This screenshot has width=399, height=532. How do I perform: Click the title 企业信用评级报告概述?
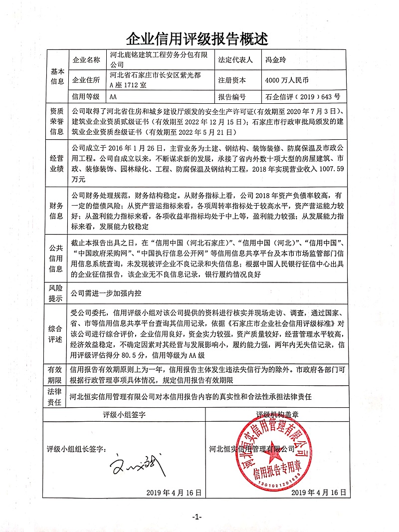199,38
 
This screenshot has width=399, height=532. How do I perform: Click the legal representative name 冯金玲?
276,60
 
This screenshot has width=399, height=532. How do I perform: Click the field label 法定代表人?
235,60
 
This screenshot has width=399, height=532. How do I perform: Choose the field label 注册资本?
232,80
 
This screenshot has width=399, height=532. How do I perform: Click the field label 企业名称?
86,60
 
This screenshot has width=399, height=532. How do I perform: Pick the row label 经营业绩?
56,164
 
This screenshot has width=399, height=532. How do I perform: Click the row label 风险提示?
56,293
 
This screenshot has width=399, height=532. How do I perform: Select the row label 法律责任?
56,396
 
